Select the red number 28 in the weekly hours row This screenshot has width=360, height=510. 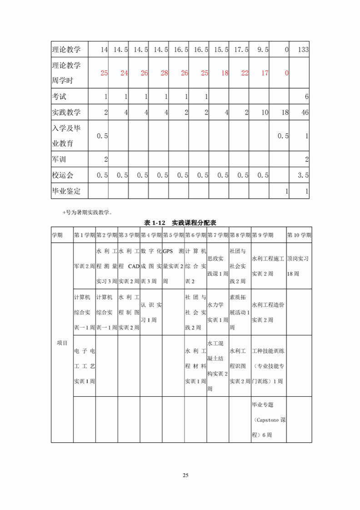click(x=164, y=73)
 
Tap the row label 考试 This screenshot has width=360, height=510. click(x=60, y=97)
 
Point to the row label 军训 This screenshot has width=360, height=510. click(x=60, y=159)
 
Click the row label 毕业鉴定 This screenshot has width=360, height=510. click(x=66, y=191)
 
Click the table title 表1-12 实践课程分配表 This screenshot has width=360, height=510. click(x=180, y=222)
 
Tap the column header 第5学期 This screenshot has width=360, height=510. click(x=173, y=235)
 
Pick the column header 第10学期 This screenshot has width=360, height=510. click(x=299, y=235)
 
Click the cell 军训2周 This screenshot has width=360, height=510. click(x=84, y=266)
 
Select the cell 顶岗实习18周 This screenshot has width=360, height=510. click(x=298, y=266)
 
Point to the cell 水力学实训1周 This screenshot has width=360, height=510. click(x=217, y=312)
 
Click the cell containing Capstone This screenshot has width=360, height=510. click(x=269, y=420)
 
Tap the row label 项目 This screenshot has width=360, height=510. click(x=62, y=343)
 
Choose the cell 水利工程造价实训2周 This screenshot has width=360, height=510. click(x=268, y=312)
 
